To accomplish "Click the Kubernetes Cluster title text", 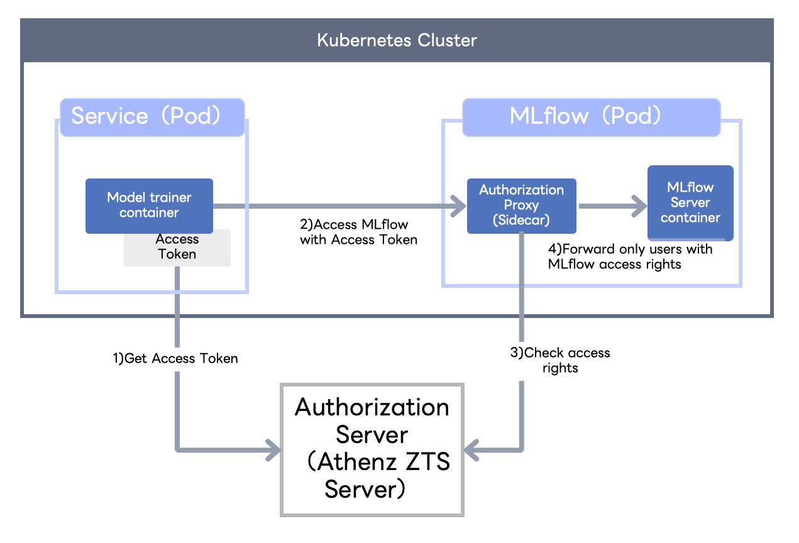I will [397, 41].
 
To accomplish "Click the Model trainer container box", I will [149, 206].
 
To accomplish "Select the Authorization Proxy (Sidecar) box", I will [521, 205].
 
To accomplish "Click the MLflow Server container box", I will [690, 202].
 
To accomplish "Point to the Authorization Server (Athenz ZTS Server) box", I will [372, 449].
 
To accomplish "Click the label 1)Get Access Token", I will [175, 358].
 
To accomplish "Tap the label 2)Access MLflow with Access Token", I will [358, 232].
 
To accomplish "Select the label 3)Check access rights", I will [559, 360].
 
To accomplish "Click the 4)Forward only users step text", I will [630, 256].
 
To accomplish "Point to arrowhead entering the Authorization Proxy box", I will [458, 206].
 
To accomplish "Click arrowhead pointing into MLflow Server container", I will [639, 206].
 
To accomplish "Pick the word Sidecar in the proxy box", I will [521, 220].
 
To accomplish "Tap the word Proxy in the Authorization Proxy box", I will [521, 205].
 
